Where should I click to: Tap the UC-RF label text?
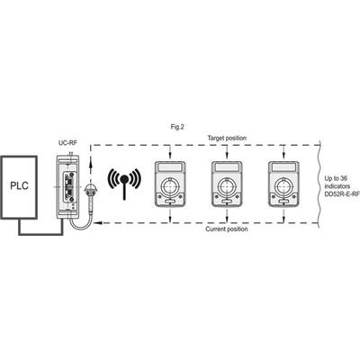pyautogui.click(x=67, y=143)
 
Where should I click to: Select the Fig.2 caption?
pyautogui.click(x=177, y=127)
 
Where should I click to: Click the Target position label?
pyautogui.click(x=227, y=138)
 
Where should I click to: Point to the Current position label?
pyautogui.click(x=227, y=229)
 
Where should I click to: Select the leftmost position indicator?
pyautogui.click(x=170, y=184)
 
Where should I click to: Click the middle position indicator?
pyautogui.click(x=227, y=184)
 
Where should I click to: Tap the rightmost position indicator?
pyautogui.click(x=283, y=184)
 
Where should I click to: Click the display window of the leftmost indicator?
pyautogui.click(x=170, y=166)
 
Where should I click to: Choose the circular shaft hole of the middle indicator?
pyautogui.click(x=227, y=186)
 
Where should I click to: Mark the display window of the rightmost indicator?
pyautogui.click(x=283, y=166)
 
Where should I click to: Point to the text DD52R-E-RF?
pyautogui.click(x=342, y=194)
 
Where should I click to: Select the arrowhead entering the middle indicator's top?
pyautogui.click(x=227, y=155)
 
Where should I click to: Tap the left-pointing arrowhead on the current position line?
pyautogui.click(x=97, y=223)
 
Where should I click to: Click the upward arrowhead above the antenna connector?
pyautogui.click(x=89, y=164)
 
